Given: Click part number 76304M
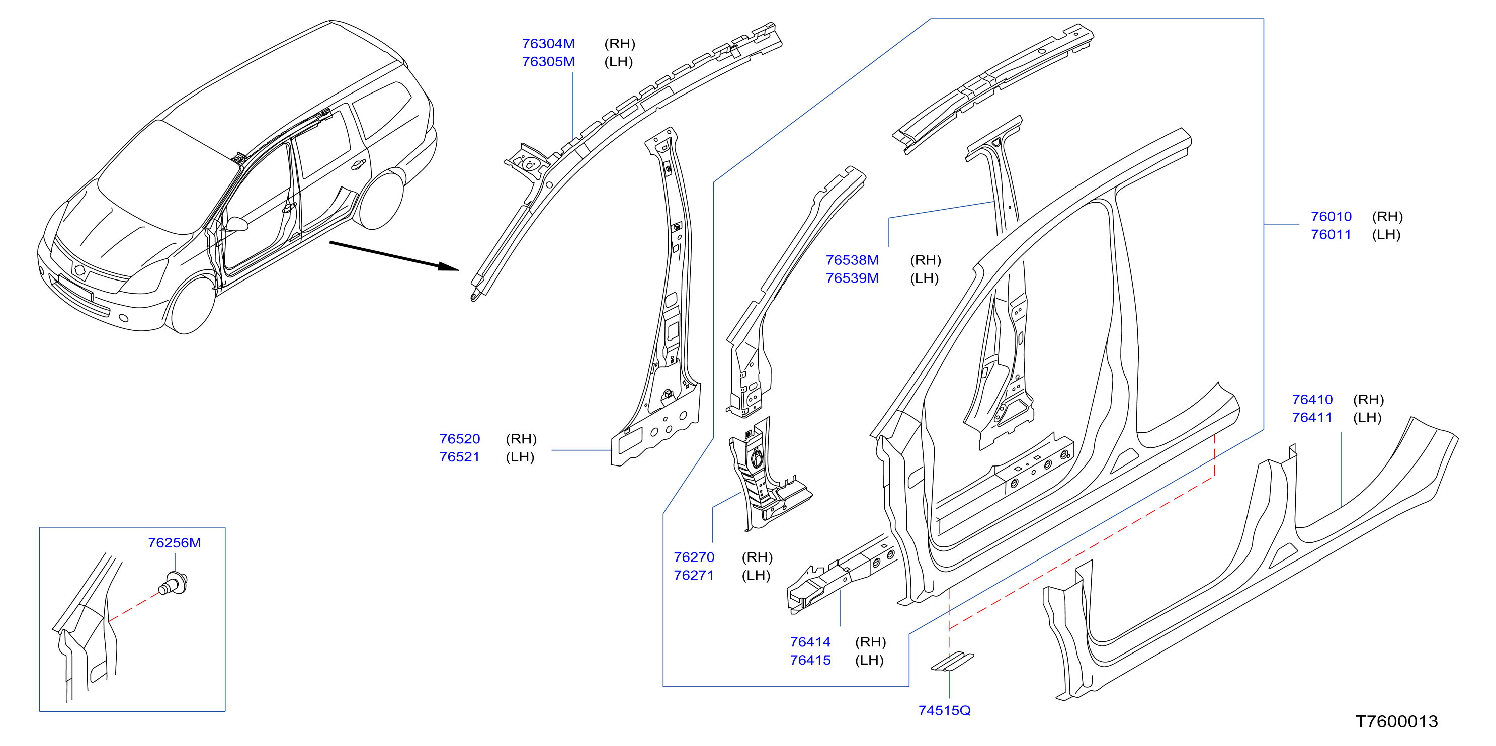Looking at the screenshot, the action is [x=548, y=44].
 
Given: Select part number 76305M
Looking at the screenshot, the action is [x=548, y=61].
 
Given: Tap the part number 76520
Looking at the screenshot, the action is [x=459, y=439].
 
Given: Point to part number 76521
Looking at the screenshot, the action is [x=459, y=457].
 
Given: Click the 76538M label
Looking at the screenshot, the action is [x=852, y=260].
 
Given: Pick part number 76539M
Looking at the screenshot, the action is [x=852, y=278].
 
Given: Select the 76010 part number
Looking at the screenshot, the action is [x=1331, y=217].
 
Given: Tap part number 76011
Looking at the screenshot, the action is [x=1331, y=235].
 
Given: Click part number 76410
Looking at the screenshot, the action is [x=1312, y=400].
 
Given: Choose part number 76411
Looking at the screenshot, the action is [x=1312, y=417].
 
